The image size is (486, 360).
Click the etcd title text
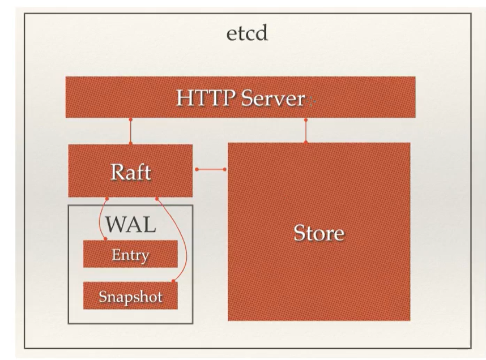pyautogui.click(x=247, y=33)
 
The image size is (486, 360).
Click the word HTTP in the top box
pyautogui.click(x=204, y=98)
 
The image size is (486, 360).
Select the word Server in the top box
pyautogui.click(x=274, y=98)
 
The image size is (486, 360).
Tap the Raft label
pyautogui.click(x=131, y=172)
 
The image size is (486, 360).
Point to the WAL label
pyautogui.click(x=130, y=225)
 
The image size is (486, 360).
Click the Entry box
pyautogui.click(x=130, y=254)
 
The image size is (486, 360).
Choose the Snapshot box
pyautogui.click(x=130, y=296)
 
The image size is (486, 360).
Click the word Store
pyautogui.click(x=318, y=233)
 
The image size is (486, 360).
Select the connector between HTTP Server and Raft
pyautogui.click(x=130, y=131)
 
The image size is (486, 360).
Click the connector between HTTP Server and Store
pyautogui.click(x=306, y=131)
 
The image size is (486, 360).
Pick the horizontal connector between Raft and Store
pyautogui.click(x=211, y=169)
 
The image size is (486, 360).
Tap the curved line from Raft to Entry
pyautogui.click(x=100, y=220)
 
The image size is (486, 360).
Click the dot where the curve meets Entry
pyautogui.click(x=106, y=240)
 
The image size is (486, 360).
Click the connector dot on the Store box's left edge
pyautogui.click(x=225, y=169)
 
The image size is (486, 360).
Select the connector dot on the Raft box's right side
pyautogui.click(x=197, y=169)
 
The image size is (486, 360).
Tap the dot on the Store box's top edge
pyautogui.click(x=306, y=143)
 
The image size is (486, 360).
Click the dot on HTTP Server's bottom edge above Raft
pyautogui.click(x=130, y=119)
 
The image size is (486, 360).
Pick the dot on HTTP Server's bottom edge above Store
pyautogui.click(x=306, y=119)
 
